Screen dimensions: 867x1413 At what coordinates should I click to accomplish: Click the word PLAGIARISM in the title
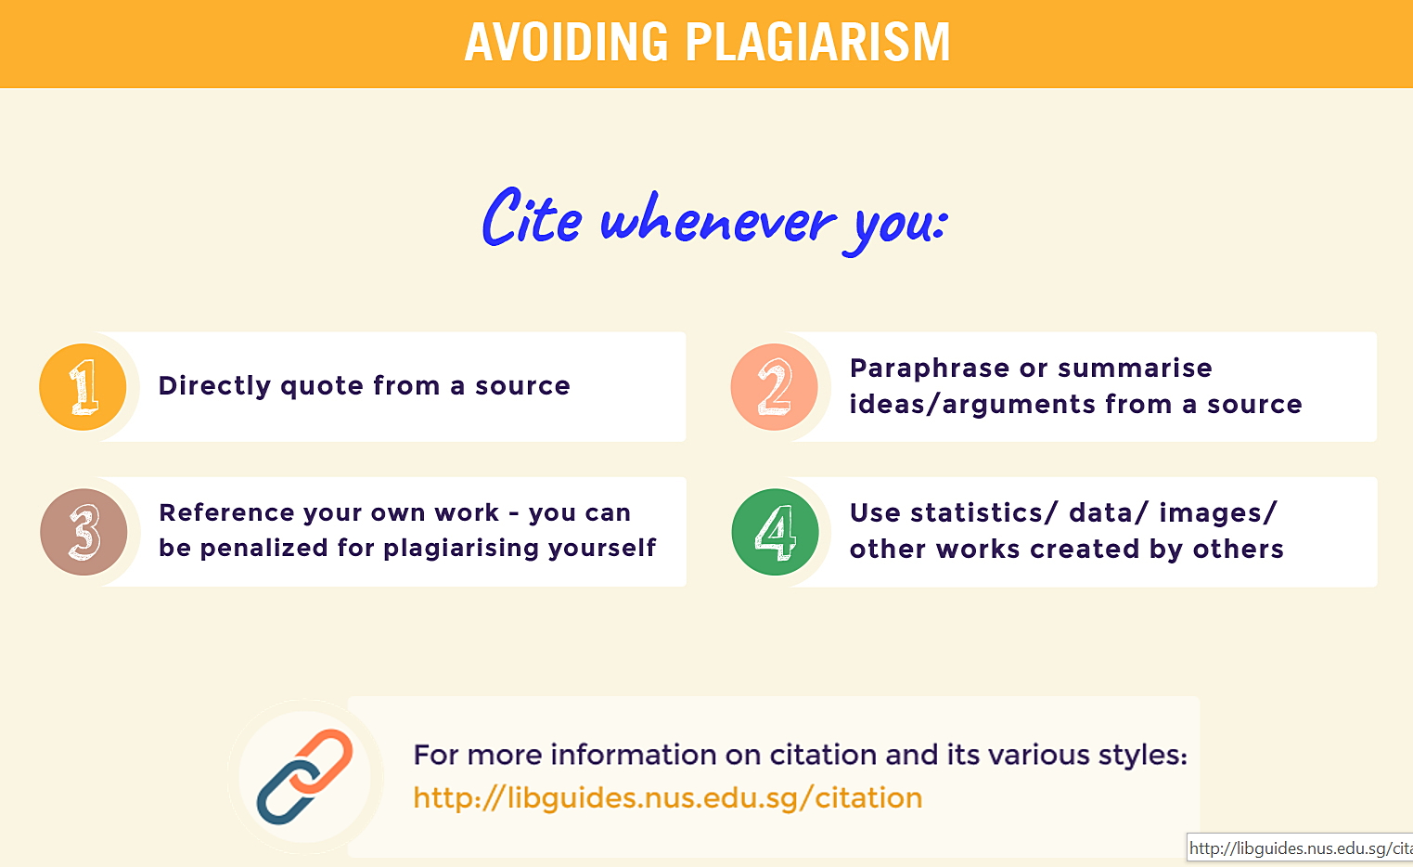point(817,43)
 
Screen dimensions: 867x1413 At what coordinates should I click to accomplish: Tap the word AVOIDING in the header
point(566,43)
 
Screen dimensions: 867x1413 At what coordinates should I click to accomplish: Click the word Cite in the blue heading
point(532,218)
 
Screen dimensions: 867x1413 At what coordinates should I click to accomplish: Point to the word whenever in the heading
point(717,222)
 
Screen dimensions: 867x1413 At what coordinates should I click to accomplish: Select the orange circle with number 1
point(83,387)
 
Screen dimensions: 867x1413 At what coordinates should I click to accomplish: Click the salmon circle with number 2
point(775,387)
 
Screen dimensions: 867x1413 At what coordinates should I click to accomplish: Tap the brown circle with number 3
point(83,532)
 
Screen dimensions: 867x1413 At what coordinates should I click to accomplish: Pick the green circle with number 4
point(775,532)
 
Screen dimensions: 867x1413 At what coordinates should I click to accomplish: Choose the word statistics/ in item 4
point(983,513)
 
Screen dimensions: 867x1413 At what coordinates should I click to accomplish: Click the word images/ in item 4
point(1217,513)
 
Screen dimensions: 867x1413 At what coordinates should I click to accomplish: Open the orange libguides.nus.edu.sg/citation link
point(667,798)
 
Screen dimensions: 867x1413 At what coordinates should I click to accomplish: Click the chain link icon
point(304,777)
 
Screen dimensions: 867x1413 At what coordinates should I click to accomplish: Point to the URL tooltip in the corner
point(1299,848)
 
